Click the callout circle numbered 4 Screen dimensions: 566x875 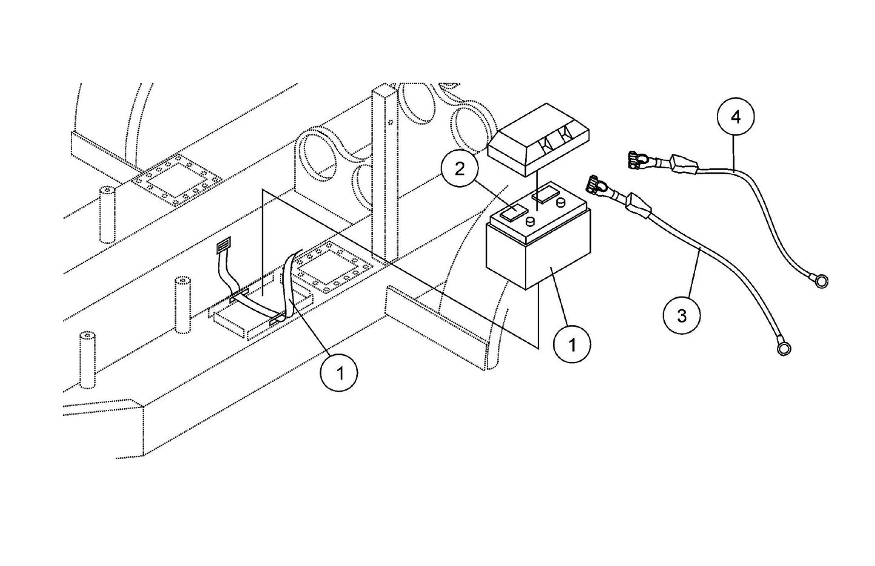736,117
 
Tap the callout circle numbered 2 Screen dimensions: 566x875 460,169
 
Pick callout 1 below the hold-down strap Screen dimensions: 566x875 340,373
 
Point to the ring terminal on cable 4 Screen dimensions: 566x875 821,280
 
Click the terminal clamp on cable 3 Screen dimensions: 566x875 596,183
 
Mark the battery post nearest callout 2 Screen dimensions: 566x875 530,222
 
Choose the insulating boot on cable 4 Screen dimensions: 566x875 682,163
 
